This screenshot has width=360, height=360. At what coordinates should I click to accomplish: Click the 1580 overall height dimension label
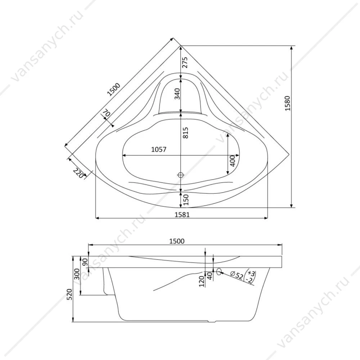(287, 103)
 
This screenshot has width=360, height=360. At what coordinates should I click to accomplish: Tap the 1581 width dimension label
(182, 215)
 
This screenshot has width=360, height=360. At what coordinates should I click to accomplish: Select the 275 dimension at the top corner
(185, 62)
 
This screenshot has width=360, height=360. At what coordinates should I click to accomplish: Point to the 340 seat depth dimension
(177, 94)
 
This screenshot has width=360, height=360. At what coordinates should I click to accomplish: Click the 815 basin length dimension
(185, 132)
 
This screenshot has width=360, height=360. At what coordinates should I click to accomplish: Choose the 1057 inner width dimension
(159, 149)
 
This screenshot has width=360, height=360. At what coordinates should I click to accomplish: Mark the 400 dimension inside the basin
(232, 161)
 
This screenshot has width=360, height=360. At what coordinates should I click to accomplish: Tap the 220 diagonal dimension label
(78, 173)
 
